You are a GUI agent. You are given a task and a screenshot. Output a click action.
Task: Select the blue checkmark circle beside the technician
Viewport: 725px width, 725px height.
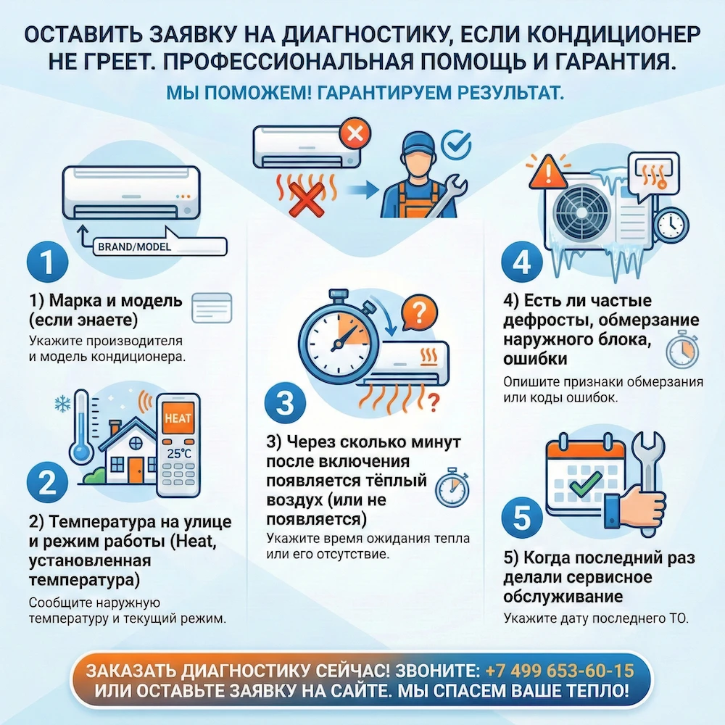456,144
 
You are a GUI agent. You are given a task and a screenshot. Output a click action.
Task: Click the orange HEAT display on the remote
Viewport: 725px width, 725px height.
178,420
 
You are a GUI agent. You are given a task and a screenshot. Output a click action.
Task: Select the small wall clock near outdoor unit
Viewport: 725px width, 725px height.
671,225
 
